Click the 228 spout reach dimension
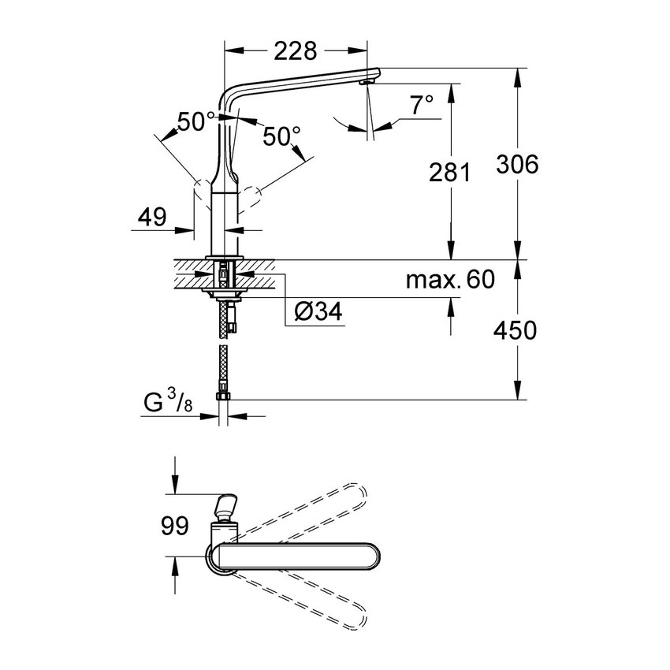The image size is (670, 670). (x=296, y=51)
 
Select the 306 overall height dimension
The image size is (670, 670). (x=517, y=164)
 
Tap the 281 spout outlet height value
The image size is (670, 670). (x=449, y=172)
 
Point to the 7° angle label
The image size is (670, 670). (x=422, y=105)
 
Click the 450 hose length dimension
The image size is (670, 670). (x=516, y=330)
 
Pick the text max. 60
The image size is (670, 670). (x=450, y=280)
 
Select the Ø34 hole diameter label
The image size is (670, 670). (x=318, y=311)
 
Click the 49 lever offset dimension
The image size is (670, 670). (x=151, y=217)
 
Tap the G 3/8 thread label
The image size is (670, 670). (x=168, y=402)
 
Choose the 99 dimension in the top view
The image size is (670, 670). (x=175, y=525)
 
